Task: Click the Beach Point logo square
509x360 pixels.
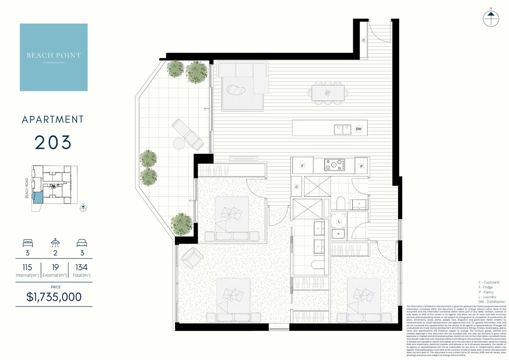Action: [54, 57]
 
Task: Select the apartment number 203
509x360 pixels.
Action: [53, 143]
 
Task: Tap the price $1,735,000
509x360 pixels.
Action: [54, 297]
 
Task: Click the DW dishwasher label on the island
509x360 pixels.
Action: [359, 129]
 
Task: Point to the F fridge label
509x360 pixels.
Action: [302, 166]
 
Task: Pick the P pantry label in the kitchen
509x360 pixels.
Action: [361, 166]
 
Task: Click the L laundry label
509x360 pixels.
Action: [339, 221]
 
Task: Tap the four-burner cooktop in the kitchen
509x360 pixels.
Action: [334, 165]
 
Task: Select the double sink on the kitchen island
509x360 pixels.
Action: [342, 130]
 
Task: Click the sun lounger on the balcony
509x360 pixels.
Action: [188, 134]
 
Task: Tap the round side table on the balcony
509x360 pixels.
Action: [179, 144]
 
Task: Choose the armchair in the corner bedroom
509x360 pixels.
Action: [192, 258]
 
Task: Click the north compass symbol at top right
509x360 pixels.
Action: [491, 18]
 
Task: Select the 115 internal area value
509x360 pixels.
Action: [27, 267]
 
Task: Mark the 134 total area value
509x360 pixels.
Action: [81, 267]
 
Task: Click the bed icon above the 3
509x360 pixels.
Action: [28, 243]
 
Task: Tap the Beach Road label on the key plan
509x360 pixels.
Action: [27, 188]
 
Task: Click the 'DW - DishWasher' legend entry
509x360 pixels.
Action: [491, 302]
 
